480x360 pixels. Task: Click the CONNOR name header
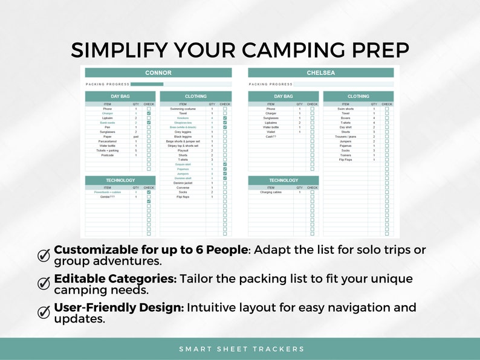[158, 72]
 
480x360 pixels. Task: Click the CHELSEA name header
[320, 72]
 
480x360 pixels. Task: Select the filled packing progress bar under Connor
[147, 85]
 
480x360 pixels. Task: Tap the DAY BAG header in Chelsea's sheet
[283, 96]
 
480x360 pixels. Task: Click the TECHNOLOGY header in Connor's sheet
[120, 180]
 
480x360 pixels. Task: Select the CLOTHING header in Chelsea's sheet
[358, 96]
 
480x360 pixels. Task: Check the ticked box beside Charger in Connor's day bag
[149, 114]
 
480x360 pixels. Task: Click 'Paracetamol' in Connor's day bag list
[107, 141]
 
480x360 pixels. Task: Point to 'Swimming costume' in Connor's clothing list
[183, 109]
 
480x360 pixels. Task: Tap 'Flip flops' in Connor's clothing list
[183, 197]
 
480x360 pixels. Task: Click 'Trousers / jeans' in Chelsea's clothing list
[346, 137]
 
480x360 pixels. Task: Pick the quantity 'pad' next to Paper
[136, 137]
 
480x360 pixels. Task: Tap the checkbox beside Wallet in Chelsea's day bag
[312, 132]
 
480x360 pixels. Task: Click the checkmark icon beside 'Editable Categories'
[44, 283]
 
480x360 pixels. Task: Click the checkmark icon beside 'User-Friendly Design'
[44, 312]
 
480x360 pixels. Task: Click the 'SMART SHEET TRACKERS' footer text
[241, 349]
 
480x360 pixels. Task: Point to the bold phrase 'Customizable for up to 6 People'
[151, 250]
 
